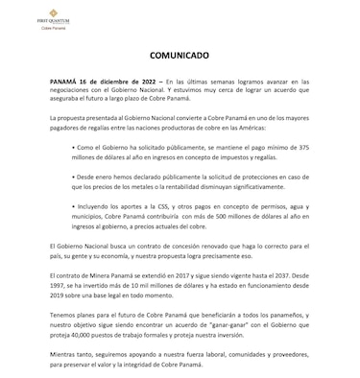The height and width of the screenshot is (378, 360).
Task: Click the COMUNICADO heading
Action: pyautogui.click(x=180, y=58)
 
